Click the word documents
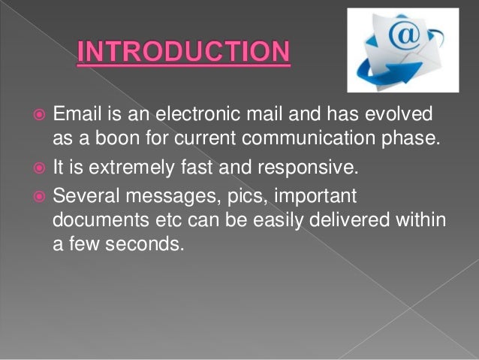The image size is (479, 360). [95, 219]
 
